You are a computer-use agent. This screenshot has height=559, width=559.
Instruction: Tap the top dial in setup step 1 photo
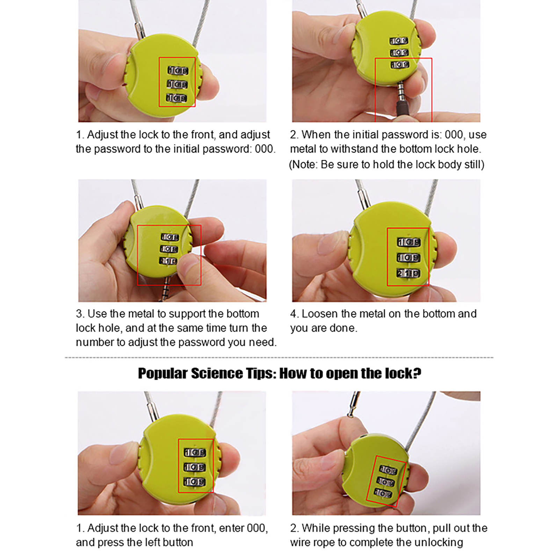tap(178, 71)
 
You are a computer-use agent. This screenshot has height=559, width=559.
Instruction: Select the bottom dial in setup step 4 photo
tap(408, 273)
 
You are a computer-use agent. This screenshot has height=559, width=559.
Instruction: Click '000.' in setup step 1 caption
tap(265, 149)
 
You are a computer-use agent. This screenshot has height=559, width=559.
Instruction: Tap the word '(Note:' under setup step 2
tap(303, 165)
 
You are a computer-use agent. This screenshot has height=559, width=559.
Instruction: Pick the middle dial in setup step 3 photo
tap(169, 249)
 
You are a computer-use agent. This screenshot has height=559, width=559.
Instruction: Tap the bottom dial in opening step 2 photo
tap(383, 493)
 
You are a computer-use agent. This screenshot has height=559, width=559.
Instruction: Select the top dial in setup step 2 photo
tap(399, 41)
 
